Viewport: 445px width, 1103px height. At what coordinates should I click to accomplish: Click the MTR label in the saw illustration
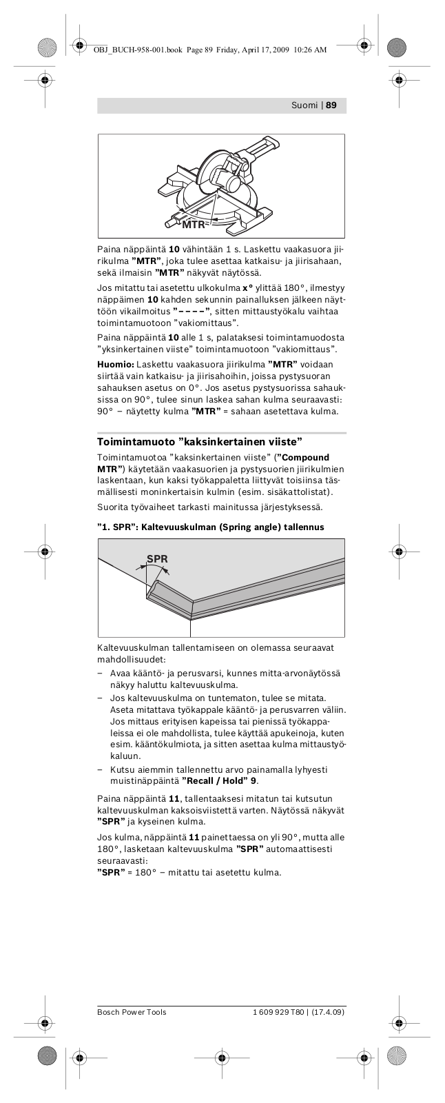tap(194, 224)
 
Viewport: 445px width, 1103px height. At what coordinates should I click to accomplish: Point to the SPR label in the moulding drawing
tap(157, 559)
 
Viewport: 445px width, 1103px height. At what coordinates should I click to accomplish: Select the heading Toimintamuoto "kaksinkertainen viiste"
tap(200, 441)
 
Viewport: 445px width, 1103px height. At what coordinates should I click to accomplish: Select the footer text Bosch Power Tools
tap(132, 1012)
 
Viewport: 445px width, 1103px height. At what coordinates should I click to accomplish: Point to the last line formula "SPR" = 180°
tap(134, 872)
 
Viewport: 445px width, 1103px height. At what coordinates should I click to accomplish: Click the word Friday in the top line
tap(233, 50)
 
